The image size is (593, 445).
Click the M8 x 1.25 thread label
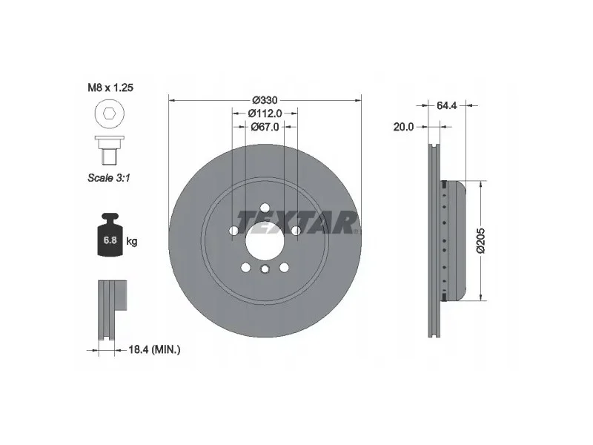pos(110,88)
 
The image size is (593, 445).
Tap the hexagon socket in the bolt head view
pos(109,113)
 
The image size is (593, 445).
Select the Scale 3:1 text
pos(109,177)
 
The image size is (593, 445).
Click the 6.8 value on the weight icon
pos(110,240)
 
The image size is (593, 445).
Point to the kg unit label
pos(132,240)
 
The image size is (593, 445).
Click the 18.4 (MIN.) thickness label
pos(154,349)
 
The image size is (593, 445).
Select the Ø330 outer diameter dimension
pos(265,100)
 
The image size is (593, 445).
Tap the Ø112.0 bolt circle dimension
pos(265,113)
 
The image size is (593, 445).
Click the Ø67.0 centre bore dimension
pos(265,127)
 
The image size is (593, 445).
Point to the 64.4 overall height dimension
pos(447,105)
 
